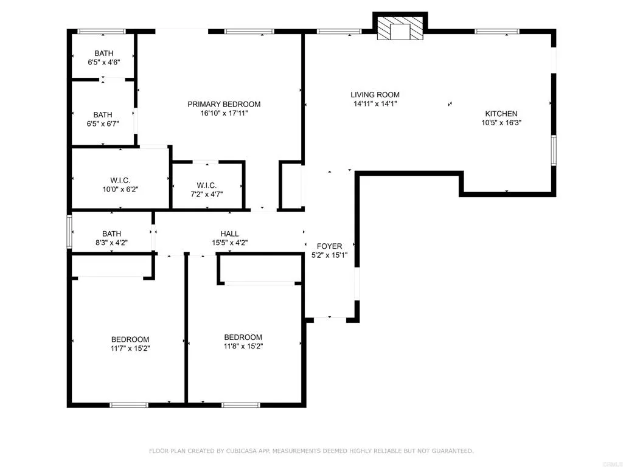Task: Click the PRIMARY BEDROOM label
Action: click(x=224, y=104)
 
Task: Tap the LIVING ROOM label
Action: click(x=375, y=94)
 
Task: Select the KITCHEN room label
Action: click(x=501, y=114)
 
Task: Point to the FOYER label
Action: click(x=329, y=246)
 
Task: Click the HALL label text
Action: click(x=229, y=234)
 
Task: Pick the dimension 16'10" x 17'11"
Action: click(x=224, y=113)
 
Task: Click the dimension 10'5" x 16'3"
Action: click(x=501, y=123)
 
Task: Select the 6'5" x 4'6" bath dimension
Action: click(x=103, y=63)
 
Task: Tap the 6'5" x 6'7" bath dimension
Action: click(x=103, y=124)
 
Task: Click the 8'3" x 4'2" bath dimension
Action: click(x=112, y=243)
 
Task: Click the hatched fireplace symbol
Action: click(x=400, y=28)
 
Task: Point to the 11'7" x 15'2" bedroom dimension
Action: click(x=130, y=348)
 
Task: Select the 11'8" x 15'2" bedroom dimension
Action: click(x=243, y=346)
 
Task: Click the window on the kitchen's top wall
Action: click(x=497, y=32)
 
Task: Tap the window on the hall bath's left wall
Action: click(x=69, y=232)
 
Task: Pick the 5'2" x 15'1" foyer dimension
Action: click(x=329, y=255)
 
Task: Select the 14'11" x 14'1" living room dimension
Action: click(x=375, y=103)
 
